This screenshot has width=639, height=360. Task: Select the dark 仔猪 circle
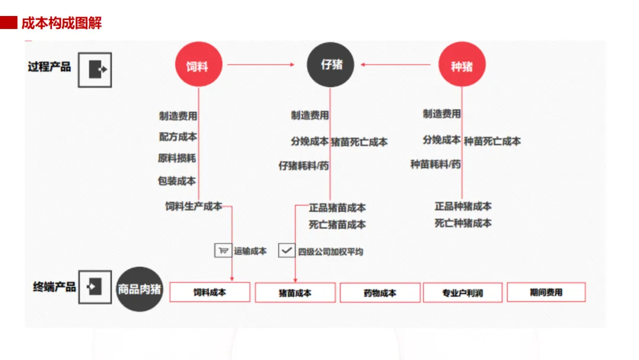pyautogui.click(x=330, y=65)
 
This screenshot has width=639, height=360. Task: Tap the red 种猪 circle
pyautogui.click(x=461, y=65)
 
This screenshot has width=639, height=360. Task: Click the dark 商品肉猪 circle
pyautogui.click(x=140, y=289)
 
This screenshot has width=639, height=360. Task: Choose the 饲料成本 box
pyautogui.click(x=210, y=292)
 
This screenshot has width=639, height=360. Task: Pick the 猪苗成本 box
pyautogui.click(x=295, y=292)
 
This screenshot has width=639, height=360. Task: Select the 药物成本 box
pyautogui.click(x=379, y=292)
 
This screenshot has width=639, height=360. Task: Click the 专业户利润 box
pyautogui.click(x=463, y=292)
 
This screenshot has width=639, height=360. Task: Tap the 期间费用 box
pyautogui.click(x=546, y=292)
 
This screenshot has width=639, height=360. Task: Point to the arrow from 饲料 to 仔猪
pyautogui.click(x=260, y=65)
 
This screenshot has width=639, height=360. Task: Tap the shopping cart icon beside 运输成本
pyautogui.click(x=222, y=250)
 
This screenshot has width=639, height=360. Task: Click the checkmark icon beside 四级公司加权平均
pyautogui.click(x=286, y=250)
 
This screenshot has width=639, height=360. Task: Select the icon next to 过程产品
pyautogui.click(x=95, y=69)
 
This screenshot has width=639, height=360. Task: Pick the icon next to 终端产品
pyautogui.click(x=95, y=287)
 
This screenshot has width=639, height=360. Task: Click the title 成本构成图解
pyautogui.click(x=62, y=24)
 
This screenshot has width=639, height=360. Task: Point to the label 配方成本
pyautogui.click(x=177, y=137)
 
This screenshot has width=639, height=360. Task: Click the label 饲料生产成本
pyautogui.click(x=193, y=207)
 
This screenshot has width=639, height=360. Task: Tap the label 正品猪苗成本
pyautogui.click(x=337, y=208)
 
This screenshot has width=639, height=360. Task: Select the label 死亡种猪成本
pyautogui.click(x=463, y=223)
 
